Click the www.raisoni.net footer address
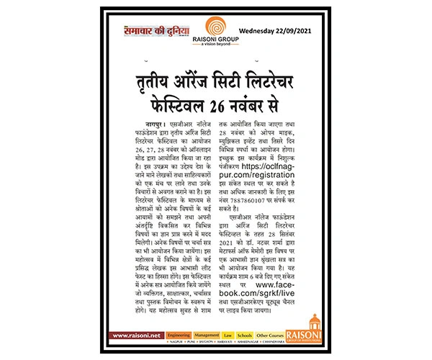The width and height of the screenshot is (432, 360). click(x=135, y=335)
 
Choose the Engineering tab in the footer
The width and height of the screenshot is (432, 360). click(x=178, y=335)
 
